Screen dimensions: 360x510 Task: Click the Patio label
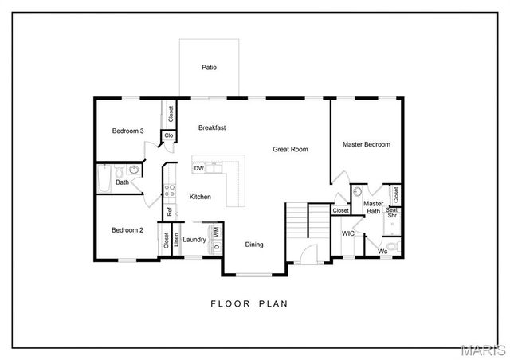click(x=209, y=68)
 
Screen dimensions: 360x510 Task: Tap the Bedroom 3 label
click(x=127, y=131)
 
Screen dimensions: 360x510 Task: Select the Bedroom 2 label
click(x=127, y=230)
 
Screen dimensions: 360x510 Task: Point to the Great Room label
click(x=290, y=149)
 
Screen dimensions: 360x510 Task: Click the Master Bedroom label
click(x=366, y=144)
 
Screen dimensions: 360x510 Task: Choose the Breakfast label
click(x=213, y=127)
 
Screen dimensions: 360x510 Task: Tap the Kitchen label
click(x=200, y=196)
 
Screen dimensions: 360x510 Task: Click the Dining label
click(x=253, y=245)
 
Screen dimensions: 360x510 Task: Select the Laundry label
click(x=194, y=239)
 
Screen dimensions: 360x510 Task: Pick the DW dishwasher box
click(x=198, y=169)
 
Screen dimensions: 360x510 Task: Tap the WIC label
click(x=348, y=233)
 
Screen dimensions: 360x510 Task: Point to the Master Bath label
click(x=373, y=207)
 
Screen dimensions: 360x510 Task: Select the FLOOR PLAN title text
click(x=249, y=303)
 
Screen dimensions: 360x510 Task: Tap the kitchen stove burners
click(x=169, y=190)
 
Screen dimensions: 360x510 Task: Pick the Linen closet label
click(x=176, y=239)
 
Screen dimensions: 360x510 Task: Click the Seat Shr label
click(x=392, y=213)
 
